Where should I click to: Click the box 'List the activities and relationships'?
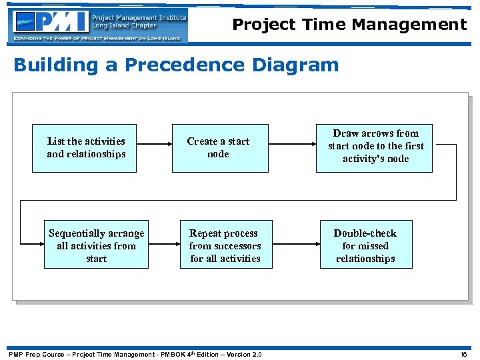(x=85, y=148)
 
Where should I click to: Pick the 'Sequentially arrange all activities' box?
(x=96, y=245)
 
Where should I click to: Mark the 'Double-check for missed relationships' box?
(x=365, y=245)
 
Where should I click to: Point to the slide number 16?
(x=464, y=354)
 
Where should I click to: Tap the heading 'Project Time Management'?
(x=349, y=25)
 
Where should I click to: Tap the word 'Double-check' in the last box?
(x=365, y=233)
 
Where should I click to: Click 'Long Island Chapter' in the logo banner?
(x=125, y=26)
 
